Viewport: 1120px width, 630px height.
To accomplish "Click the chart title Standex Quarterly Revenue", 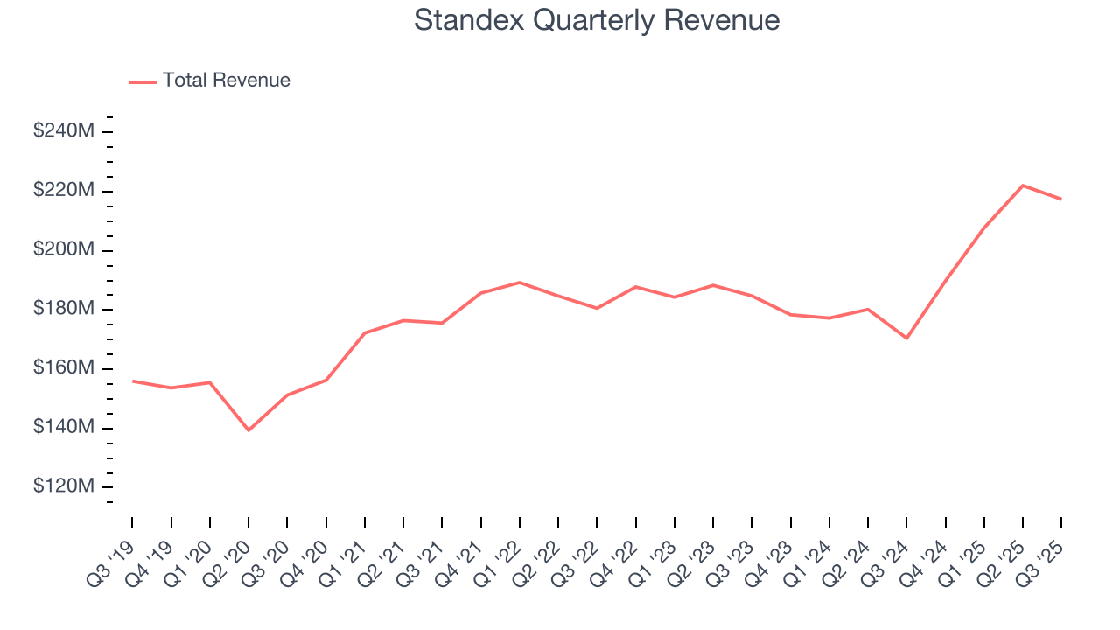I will pos(597,20).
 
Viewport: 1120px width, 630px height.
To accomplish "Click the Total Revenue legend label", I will pos(226,80).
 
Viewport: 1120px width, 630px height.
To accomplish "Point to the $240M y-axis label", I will pos(64,131).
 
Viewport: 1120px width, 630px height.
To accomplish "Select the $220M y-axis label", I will pos(64,191).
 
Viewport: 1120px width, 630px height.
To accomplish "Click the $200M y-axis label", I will pos(64,250).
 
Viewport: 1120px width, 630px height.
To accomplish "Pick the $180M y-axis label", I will pos(64,309).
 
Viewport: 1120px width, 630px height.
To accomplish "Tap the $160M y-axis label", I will pos(64,368).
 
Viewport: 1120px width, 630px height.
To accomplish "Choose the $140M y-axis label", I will pos(64,428).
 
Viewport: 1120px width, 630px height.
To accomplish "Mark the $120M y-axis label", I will pos(64,486).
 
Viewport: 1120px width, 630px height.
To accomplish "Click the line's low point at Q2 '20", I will pos(248,430).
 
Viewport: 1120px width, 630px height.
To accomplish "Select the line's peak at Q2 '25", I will pos(1023,185).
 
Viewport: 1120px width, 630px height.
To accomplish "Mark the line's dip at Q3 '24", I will pos(906,338).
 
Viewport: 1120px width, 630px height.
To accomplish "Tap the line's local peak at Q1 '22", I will pos(520,283).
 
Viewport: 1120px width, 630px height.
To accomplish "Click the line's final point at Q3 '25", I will pos(1061,199).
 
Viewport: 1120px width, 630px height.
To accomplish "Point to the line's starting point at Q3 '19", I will pos(133,381).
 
